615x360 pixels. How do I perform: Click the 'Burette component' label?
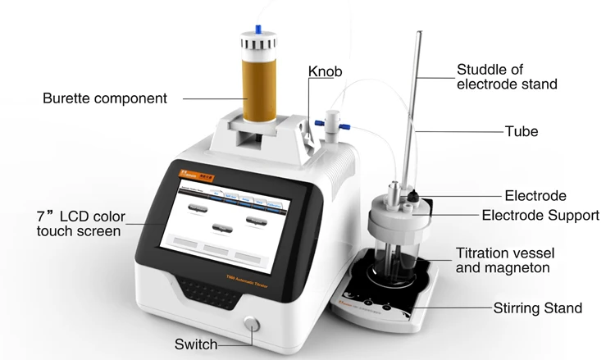[x=104, y=98]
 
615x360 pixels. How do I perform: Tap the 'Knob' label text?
[x=325, y=71]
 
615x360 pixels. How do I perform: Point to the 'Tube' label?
[x=522, y=131]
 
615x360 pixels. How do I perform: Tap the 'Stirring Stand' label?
[x=538, y=308]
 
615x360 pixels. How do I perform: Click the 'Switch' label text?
[x=196, y=344]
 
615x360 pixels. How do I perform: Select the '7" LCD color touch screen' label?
[x=78, y=224]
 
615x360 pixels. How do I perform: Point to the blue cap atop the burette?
[x=259, y=30]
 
